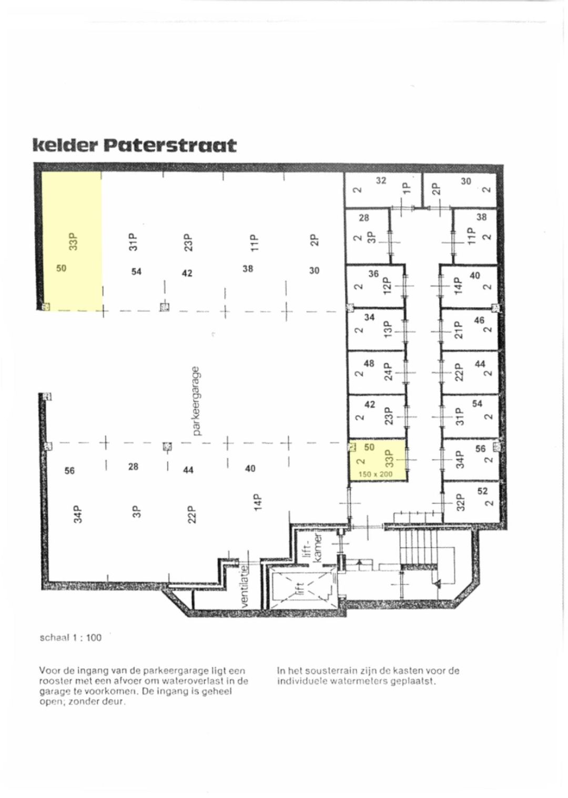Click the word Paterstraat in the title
pos(170,145)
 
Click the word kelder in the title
pos(65,145)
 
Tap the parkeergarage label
pos(197,401)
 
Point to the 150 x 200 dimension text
pos(375,474)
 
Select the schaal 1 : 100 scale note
pos(70,638)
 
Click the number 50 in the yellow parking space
pos(62,268)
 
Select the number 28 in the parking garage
pos(133,467)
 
